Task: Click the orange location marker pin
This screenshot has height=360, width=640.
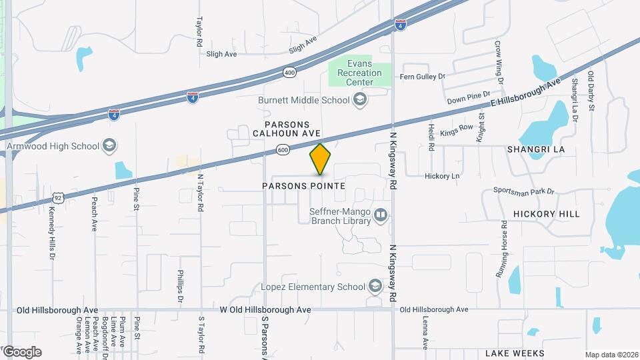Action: [321, 159]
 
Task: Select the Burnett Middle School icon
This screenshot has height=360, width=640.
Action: [360, 100]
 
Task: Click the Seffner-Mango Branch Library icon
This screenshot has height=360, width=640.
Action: [381, 215]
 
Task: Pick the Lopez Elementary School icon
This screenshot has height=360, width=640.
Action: [375, 287]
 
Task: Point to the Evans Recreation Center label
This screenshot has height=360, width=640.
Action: [359, 73]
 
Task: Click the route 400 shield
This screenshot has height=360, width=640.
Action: [289, 71]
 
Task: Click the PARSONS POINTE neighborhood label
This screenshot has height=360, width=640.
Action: [313, 186]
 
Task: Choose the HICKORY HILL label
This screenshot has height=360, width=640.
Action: [546, 214]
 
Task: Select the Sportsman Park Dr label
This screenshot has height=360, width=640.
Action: [524, 191]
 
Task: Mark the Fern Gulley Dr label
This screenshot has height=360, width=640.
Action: [422, 77]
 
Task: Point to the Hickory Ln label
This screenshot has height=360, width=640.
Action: [442, 176]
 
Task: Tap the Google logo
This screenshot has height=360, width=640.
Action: [21, 352]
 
